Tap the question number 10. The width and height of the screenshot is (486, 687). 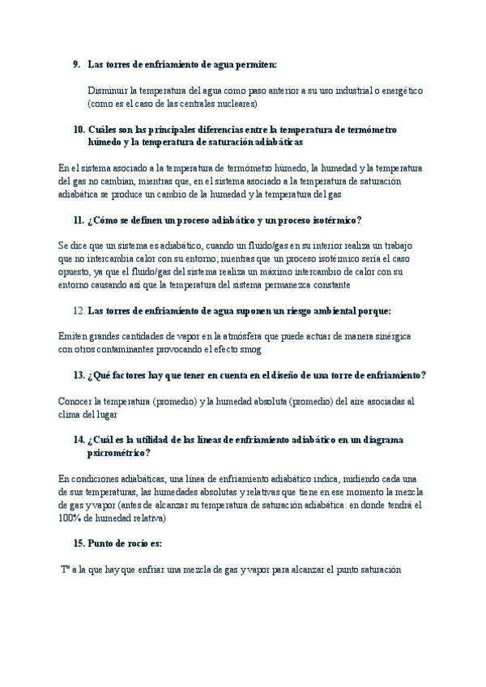pyautogui.click(x=79, y=129)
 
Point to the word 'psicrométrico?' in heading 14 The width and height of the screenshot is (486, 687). pyautogui.click(x=125, y=453)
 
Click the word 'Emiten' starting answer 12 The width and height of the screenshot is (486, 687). pyautogui.click(x=74, y=336)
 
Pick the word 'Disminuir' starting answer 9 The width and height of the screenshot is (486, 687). pyautogui.click(x=109, y=91)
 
